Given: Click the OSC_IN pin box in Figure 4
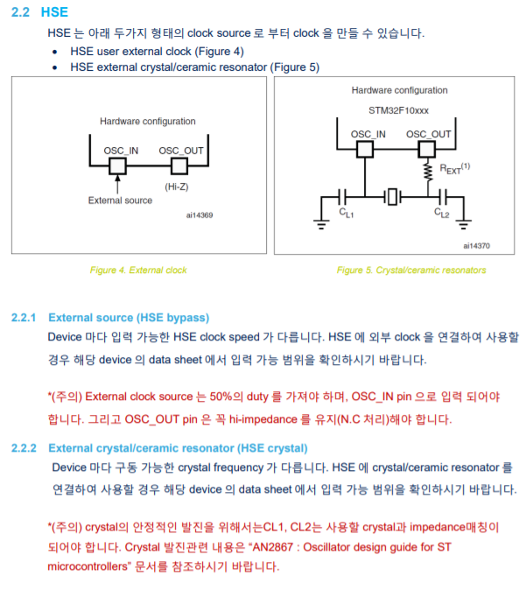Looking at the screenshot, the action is (x=116, y=165).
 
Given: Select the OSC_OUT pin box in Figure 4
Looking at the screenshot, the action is (x=179, y=165).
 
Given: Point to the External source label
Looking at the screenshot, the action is (x=120, y=200).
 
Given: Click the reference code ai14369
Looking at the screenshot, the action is (x=200, y=214).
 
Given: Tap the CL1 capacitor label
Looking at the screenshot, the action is (x=347, y=213).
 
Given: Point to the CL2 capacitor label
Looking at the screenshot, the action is (x=442, y=213).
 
